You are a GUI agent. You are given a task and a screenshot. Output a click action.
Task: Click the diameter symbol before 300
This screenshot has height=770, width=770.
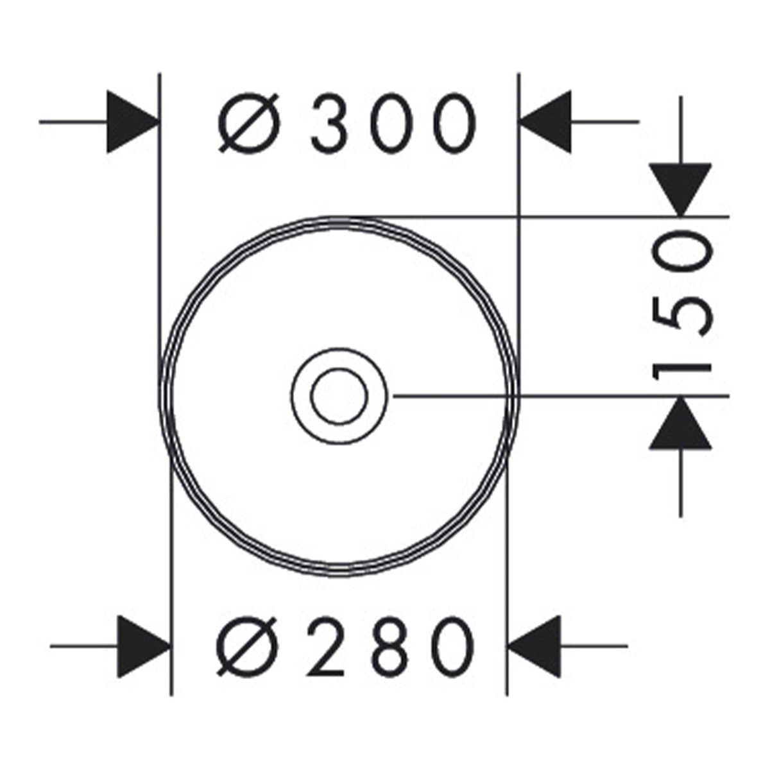tap(248, 123)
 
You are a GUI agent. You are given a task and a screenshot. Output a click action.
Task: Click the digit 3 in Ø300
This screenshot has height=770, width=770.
tap(329, 123)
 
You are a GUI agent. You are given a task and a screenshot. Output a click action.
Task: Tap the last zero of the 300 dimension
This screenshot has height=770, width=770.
tap(455, 123)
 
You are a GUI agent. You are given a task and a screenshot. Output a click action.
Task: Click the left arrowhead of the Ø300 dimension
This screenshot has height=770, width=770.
tap(133, 122)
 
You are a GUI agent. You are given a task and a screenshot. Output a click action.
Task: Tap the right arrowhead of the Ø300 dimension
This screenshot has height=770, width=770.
tap(545, 122)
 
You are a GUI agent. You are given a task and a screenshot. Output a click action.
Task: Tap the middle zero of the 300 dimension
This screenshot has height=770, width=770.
tap(392, 123)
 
